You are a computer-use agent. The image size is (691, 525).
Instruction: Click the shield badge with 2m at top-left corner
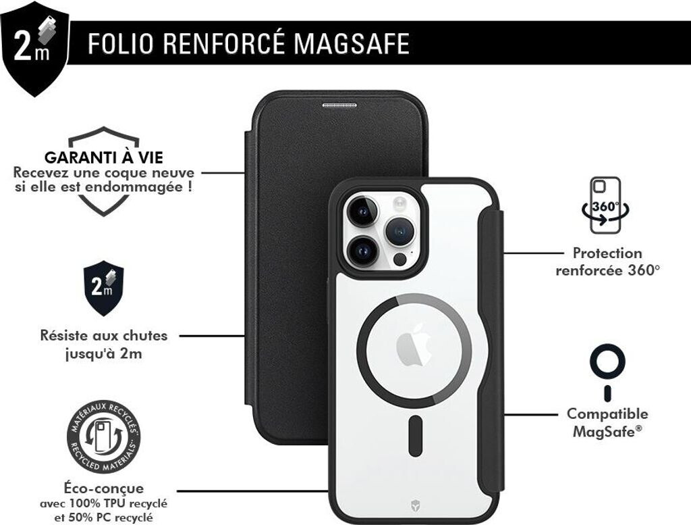pos(34,47)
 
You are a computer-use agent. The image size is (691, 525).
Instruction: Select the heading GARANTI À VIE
pos(103,158)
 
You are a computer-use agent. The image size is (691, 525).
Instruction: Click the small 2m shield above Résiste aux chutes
pos(103,287)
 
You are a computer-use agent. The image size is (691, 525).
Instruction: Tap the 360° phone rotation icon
pos(606,205)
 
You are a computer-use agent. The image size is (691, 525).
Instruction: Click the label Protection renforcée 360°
pos(607,261)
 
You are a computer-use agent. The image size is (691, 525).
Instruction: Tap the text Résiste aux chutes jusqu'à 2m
pos(103,344)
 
